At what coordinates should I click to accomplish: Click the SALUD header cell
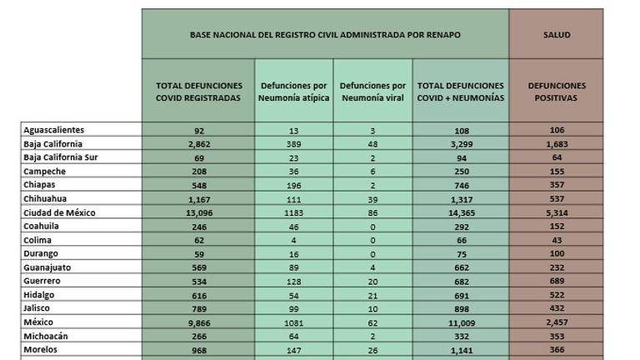pyautogui.click(x=556, y=35)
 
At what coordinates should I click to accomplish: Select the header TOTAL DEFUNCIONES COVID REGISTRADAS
pyautogui.click(x=198, y=92)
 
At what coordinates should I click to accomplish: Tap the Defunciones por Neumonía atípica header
pyautogui.click(x=294, y=92)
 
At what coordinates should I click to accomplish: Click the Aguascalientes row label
pyautogui.click(x=54, y=130)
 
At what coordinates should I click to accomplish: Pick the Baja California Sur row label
pyautogui.click(x=62, y=157)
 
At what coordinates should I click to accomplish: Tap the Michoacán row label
pyautogui.click(x=47, y=334)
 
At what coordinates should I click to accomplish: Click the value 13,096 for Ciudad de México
pyautogui.click(x=198, y=212)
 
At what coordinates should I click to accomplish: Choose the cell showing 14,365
pyautogui.click(x=461, y=212)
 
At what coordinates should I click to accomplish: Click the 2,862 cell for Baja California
pyautogui.click(x=198, y=143)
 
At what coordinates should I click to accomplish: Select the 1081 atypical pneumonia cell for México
pyautogui.click(x=294, y=321)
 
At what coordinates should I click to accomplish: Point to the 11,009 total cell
pyautogui.click(x=461, y=321)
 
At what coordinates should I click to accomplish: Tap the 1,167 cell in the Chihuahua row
pyautogui.click(x=198, y=198)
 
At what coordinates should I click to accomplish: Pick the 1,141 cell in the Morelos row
pyautogui.click(x=461, y=348)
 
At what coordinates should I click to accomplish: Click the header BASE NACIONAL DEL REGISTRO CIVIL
pyautogui.click(x=325, y=35)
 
